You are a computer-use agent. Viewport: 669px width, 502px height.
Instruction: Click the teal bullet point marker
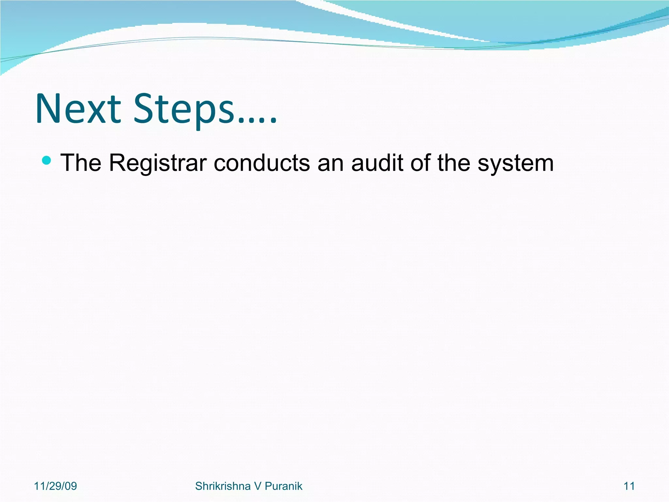point(47,160)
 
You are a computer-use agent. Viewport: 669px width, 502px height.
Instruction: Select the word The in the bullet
point(81,162)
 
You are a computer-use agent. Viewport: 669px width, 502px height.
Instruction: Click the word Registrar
point(158,163)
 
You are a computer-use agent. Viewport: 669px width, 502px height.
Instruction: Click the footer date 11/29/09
point(55,486)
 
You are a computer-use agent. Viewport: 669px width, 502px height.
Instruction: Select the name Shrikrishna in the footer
point(222,486)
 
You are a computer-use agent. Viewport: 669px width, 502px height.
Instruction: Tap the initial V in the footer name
point(257,486)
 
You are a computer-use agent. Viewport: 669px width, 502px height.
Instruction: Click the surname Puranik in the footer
point(283,486)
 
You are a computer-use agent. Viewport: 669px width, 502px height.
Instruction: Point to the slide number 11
point(629,486)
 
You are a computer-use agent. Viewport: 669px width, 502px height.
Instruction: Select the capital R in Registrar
point(117,162)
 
